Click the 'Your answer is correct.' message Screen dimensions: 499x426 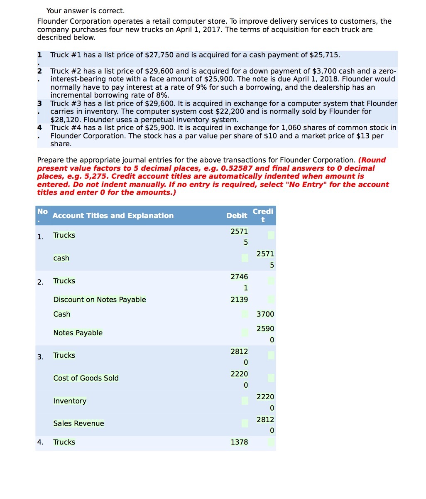(x=85, y=11)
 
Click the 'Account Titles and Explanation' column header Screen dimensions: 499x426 (x=113, y=216)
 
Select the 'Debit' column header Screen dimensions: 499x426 (x=237, y=216)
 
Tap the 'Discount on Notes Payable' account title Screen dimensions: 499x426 (x=100, y=300)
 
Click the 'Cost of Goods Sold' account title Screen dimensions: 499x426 (x=86, y=378)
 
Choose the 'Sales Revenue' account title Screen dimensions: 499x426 (x=78, y=423)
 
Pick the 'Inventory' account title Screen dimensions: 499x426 (x=70, y=401)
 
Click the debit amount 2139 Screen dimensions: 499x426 (x=239, y=300)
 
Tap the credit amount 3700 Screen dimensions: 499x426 (x=265, y=314)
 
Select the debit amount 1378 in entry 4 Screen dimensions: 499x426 (x=239, y=442)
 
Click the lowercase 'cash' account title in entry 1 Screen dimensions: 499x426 (x=61, y=258)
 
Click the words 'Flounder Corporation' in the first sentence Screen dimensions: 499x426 (x=74, y=21)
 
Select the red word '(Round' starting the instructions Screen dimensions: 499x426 (x=372, y=160)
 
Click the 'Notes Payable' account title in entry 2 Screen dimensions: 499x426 (x=78, y=333)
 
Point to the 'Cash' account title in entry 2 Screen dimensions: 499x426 (x=62, y=314)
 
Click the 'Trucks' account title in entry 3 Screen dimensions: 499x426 (x=64, y=355)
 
